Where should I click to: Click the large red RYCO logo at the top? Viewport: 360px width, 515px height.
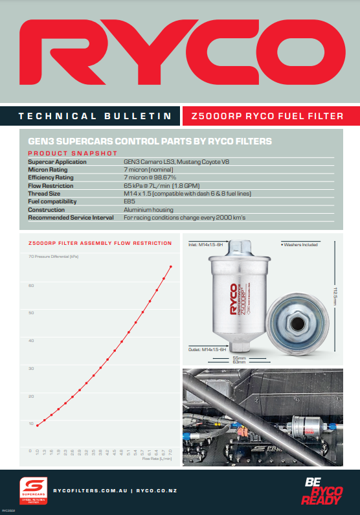[x=180, y=51]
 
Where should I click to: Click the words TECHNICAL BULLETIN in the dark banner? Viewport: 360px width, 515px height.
[x=95, y=117]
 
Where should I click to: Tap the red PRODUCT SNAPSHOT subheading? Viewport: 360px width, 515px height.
[x=73, y=153]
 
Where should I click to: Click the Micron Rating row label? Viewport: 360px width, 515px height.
[x=47, y=169]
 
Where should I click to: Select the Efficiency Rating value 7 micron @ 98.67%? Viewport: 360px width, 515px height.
[x=150, y=177]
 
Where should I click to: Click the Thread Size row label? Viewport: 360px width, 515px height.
[x=45, y=194]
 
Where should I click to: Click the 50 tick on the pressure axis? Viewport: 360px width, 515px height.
[x=30, y=313]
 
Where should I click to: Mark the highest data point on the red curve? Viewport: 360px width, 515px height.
[x=171, y=266]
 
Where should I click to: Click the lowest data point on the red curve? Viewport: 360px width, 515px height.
[x=38, y=426]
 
